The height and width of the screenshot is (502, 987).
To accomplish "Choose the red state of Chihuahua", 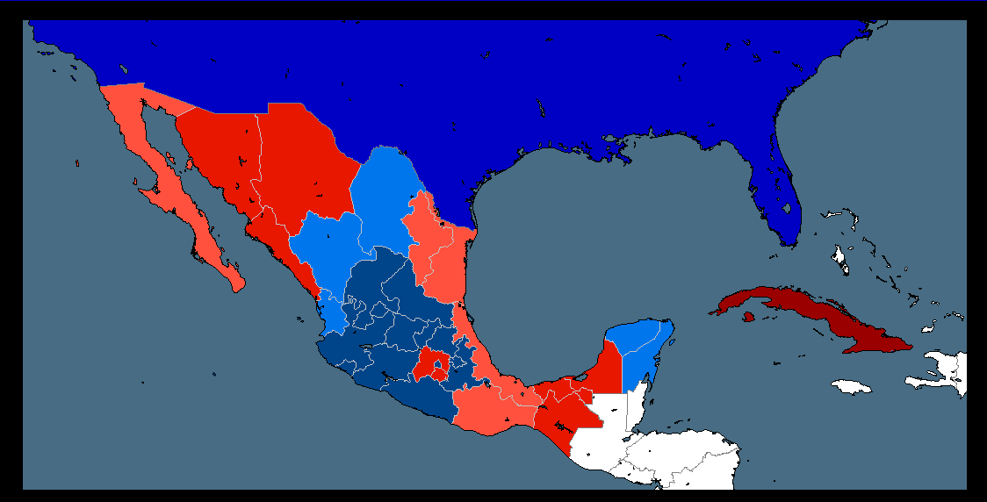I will [299, 162].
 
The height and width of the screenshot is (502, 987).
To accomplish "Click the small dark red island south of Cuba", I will [747, 317].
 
